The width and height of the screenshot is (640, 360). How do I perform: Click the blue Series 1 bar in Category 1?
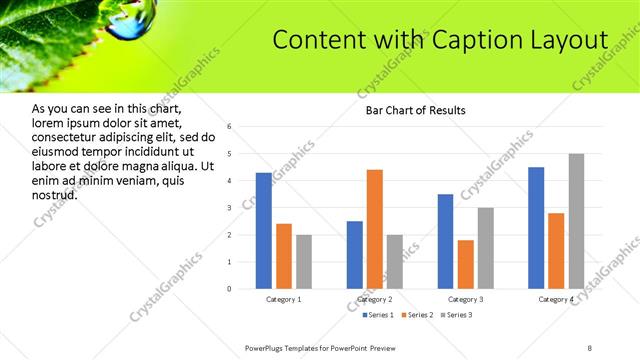(263, 231)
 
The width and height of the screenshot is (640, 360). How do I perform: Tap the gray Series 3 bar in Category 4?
(576, 221)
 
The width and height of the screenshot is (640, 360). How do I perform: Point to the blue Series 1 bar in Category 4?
(536, 228)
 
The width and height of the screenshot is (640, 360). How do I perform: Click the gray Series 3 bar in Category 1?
(304, 262)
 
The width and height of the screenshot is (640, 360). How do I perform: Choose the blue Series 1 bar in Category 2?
(355, 255)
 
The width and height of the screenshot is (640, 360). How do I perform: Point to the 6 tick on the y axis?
(230, 127)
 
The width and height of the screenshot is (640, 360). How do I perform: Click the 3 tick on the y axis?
(230, 208)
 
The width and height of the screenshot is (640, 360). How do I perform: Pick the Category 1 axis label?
(284, 300)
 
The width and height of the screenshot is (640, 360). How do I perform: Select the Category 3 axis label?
(466, 300)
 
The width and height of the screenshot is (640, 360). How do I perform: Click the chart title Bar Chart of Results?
(410, 110)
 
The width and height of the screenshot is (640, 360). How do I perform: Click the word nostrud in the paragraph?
(55, 195)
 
